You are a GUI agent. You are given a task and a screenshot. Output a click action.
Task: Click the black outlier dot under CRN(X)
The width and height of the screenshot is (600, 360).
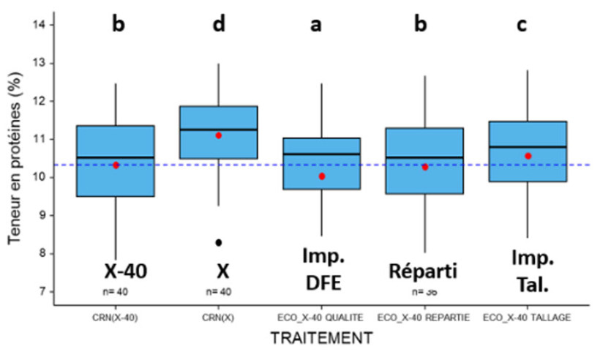(219, 242)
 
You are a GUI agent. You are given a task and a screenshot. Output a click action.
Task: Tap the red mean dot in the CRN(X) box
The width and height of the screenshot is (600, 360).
(219, 135)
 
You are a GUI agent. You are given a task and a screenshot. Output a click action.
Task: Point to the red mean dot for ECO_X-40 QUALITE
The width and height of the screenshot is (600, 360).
(322, 176)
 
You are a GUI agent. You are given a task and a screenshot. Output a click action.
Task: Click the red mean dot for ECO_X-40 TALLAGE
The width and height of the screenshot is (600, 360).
(528, 156)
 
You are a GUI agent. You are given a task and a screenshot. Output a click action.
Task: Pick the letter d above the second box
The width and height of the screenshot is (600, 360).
(219, 24)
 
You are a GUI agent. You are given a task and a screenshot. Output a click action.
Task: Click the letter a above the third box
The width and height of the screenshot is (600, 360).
(315, 24)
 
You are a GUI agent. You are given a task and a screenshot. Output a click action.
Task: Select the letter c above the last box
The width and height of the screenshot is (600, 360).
(522, 24)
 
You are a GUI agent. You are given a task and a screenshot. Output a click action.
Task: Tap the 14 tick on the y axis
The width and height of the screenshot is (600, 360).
(44, 25)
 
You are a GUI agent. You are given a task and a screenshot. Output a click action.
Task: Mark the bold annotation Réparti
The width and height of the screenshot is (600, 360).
(422, 271)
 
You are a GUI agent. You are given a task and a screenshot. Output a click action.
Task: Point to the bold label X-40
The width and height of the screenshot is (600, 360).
(126, 271)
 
